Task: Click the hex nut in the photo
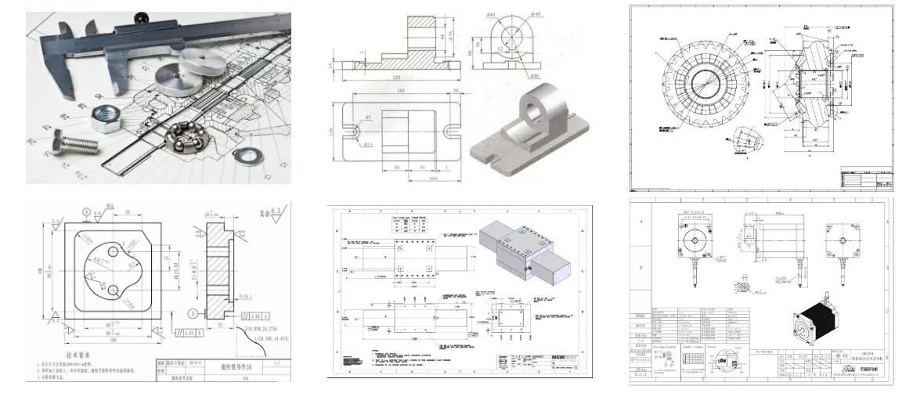coord(103,119)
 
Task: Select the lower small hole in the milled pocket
coord(114,291)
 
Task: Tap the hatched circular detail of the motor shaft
coord(756,288)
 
